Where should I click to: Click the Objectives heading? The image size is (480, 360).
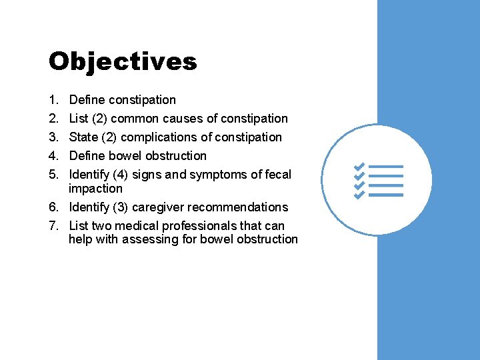(123, 61)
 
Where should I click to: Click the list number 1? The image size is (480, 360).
(53, 100)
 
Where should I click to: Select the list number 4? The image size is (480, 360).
(53, 156)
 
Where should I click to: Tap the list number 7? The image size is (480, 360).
(53, 225)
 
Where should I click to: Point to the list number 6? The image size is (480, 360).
(53, 207)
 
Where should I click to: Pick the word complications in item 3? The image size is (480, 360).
(155, 137)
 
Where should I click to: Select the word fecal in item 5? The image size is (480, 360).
(278, 175)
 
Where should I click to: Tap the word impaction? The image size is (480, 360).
(95, 189)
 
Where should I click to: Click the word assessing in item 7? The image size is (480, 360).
(149, 239)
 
